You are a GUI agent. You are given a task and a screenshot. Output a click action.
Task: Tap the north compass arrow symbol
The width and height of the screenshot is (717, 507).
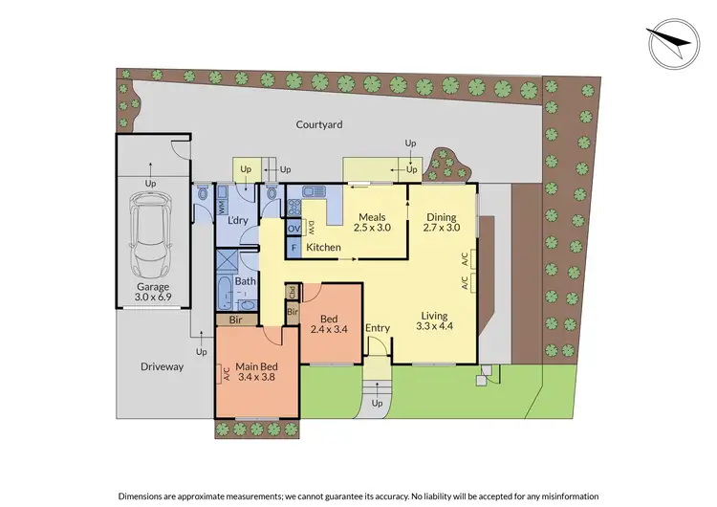(671, 43)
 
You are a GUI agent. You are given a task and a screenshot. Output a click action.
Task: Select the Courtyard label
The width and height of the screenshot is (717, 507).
(318, 124)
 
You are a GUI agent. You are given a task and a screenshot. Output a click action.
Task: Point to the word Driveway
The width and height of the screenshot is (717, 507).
(162, 366)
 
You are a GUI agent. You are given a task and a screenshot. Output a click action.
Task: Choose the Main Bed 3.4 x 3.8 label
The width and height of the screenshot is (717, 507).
(253, 370)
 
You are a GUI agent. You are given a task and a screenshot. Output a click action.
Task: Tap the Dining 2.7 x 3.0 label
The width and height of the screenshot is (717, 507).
(442, 222)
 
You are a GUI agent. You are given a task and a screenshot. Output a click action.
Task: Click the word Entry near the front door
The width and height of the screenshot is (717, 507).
(378, 329)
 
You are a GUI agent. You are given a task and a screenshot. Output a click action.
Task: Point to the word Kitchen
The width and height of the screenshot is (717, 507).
(323, 248)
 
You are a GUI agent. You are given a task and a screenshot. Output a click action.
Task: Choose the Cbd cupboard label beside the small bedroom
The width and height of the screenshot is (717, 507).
(292, 293)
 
